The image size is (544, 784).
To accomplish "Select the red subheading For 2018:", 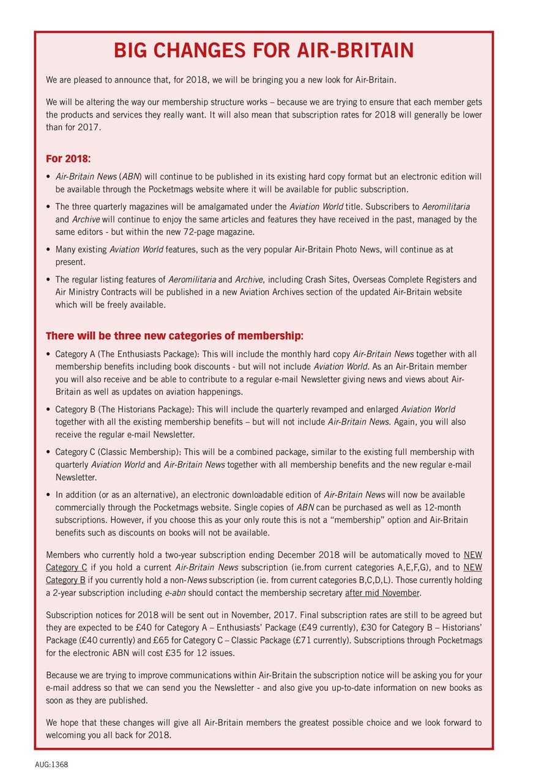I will (x=69, y=159).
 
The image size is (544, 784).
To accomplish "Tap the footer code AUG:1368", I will (x=51, y=765).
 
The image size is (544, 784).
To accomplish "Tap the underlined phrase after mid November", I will (x=382, y=593).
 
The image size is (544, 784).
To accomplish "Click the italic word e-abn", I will (x=176, y=593).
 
